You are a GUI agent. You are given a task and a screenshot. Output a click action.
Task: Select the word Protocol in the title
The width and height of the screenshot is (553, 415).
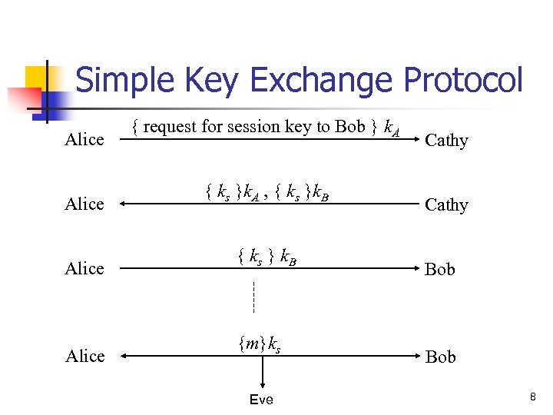pyautogui.click(x=461, y=81)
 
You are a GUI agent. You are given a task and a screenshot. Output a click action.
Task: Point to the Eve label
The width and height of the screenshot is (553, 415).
pyautogui.click(x=261, y=400)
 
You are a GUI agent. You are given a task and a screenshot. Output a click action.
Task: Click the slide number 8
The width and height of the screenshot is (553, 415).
pyautogui.click(x=531, y=397)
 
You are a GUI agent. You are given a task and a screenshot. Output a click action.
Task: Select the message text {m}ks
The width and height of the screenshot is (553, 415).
pyautogui.click(x=259, y=346)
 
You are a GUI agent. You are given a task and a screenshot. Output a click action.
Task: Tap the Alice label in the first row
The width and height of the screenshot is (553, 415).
pyautogui.click(x=84, y=140)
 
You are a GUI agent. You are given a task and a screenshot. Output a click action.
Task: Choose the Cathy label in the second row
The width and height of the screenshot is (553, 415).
pyautogui.click(x=446, y=205)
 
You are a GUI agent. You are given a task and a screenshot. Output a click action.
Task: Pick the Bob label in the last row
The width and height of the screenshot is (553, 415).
pyautogui.click(x=440, y=357)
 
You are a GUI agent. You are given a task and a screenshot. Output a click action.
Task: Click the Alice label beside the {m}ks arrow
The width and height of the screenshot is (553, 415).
pyautogui.click(x=84, y=357)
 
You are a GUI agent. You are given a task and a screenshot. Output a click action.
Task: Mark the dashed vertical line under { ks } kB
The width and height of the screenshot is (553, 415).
pyautogui.click(x=253, y=297)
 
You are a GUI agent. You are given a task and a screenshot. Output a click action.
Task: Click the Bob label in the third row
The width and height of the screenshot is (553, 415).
pyautogui.click(x=440, y=270)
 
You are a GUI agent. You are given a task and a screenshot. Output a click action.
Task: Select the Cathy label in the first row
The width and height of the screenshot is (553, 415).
pyautogui.click(x=446, y=141)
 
